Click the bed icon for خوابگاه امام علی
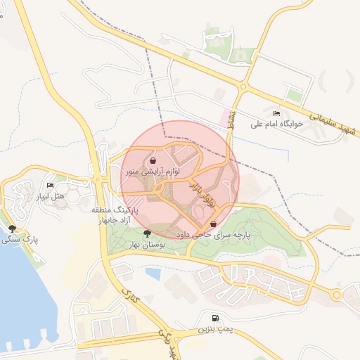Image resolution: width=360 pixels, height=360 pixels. click(x=276, y=113)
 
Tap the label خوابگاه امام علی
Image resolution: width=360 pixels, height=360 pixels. click(x=276, y=124)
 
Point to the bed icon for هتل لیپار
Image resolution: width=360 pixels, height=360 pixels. click(x=49, y=186)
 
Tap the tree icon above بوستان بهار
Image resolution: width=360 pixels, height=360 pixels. click(x=147, y=233)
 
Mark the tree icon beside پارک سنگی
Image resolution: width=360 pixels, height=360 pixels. click(x=12, y=228)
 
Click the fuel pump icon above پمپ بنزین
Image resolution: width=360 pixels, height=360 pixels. click(x=214, y=318)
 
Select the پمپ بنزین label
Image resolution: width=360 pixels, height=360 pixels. click(x=213, y=328)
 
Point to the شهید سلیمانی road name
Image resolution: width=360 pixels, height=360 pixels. click(x=333, y=119)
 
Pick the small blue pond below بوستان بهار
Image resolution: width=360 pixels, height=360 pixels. click(x=153, y=271)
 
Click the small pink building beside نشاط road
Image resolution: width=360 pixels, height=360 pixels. click(x=227, y=117)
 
